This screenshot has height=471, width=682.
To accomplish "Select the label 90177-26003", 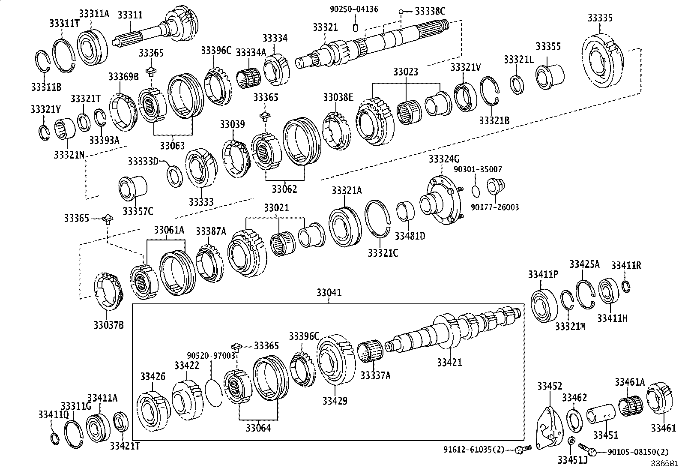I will [495, 207].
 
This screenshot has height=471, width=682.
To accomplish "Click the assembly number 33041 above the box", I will [329, 293].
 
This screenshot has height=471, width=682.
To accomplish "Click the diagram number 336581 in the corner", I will [665, 464].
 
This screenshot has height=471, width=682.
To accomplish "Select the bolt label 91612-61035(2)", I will [473, 450].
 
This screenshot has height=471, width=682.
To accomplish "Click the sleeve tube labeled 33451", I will [601, 414].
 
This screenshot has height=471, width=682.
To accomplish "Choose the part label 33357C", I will [138, 211].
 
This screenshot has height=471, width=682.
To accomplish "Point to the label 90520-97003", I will [211, 355].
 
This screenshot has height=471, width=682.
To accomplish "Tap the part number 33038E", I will [338, 97].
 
